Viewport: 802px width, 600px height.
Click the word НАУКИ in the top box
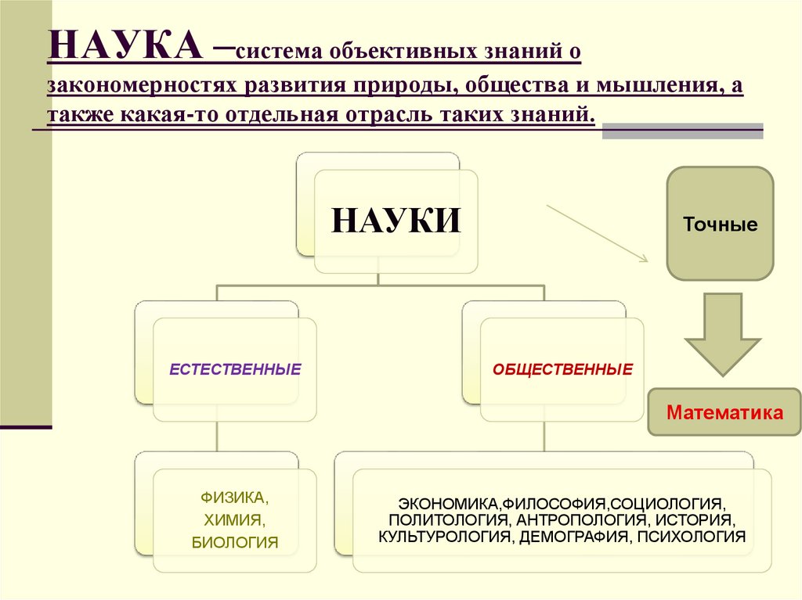point(395,220)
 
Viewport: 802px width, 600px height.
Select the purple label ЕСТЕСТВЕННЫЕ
point(235,368)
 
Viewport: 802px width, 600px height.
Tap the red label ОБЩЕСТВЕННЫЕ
point(562,368)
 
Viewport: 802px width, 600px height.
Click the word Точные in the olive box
point(721,225)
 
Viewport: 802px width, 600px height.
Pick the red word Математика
point(724,412)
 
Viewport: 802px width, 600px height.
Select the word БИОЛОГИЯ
point(234,541)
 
